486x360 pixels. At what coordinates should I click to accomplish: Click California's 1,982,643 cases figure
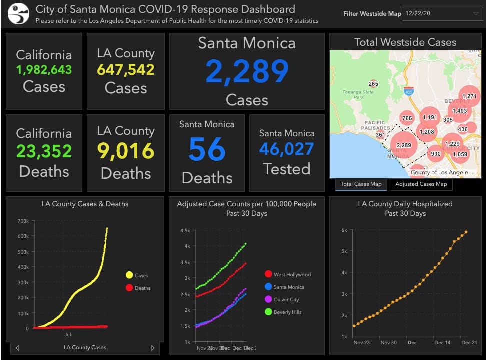44,70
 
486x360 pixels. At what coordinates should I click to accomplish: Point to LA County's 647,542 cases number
125,69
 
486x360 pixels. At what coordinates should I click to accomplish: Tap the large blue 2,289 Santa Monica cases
247,71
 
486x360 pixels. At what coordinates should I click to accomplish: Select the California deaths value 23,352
44,151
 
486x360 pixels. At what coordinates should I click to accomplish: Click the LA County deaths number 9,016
125,151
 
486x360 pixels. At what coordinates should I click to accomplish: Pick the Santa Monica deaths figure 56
207,149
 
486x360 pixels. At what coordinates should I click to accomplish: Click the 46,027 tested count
286,149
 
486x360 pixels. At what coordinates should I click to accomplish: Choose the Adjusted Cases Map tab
421,184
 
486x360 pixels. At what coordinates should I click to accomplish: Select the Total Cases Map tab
361,184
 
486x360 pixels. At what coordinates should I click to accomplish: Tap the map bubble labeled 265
373,84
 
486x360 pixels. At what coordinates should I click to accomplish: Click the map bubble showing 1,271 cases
470,96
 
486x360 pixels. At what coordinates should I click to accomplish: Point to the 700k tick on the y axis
23,221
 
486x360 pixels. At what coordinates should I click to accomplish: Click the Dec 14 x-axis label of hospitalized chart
442,343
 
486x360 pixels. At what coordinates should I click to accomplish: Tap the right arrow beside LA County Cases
153,348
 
